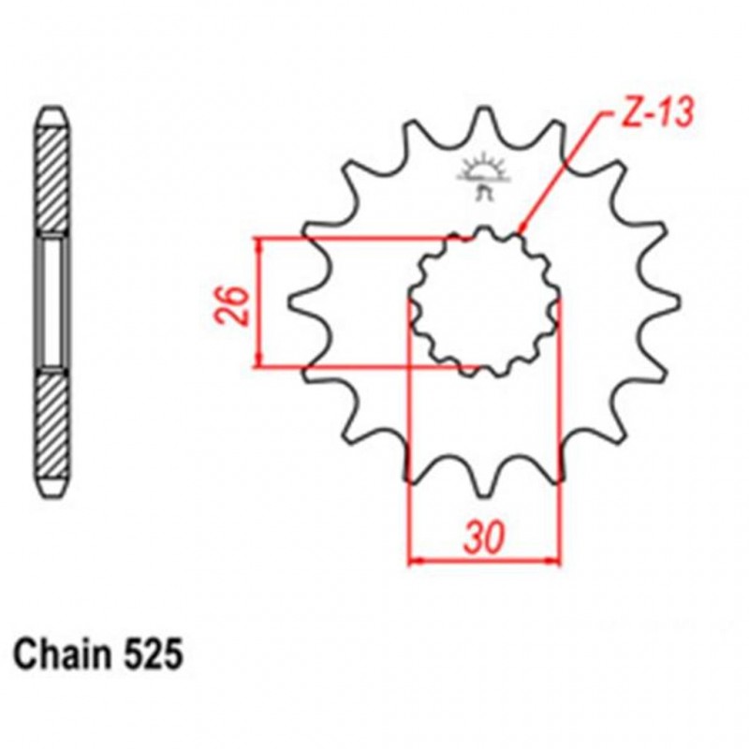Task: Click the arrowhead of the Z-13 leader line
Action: (521, 229)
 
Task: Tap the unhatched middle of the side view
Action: (53, 301)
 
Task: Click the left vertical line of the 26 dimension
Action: (258, 301)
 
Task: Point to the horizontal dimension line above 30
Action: (484, 562)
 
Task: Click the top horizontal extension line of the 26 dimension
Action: (356, 238)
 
